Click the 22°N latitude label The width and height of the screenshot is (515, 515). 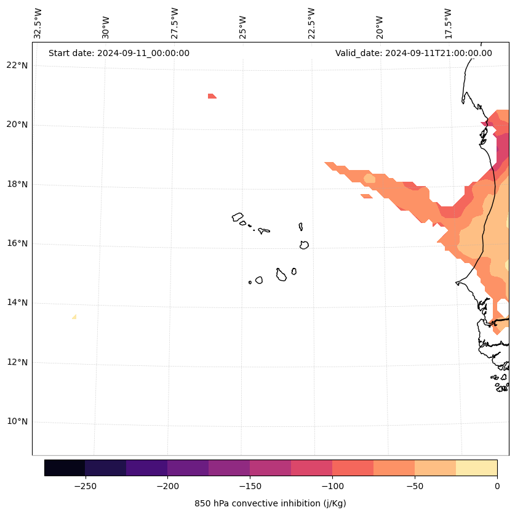click(x=17, y=65)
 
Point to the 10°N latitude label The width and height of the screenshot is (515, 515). click(x=17, y=422)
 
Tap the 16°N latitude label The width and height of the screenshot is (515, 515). click(x=17, y=243)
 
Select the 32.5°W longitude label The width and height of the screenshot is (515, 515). click(x=38, y=23)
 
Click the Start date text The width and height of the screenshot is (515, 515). click(x=119, y=53)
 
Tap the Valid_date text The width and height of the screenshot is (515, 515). click(x=413, y=53)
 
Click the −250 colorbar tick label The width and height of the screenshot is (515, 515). click(x=85, y=486)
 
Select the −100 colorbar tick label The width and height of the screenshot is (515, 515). click(x=332, y=486)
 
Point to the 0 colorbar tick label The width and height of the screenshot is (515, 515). click(x=497, y=486)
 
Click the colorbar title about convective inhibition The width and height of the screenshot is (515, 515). click(x=270, y=503)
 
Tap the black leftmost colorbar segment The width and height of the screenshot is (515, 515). click(x=65, y=468)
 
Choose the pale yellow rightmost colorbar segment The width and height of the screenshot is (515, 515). click(x=476, y=468)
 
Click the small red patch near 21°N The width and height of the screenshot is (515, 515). click(x=211, y=95)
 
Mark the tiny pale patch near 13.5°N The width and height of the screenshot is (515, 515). click(x=74, y=317)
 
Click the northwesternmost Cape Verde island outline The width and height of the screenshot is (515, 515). click(x=238, y=217)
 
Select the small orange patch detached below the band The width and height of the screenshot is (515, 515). click(x=367, y=196)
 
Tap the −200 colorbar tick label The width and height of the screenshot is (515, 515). click(x=167, y=486)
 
